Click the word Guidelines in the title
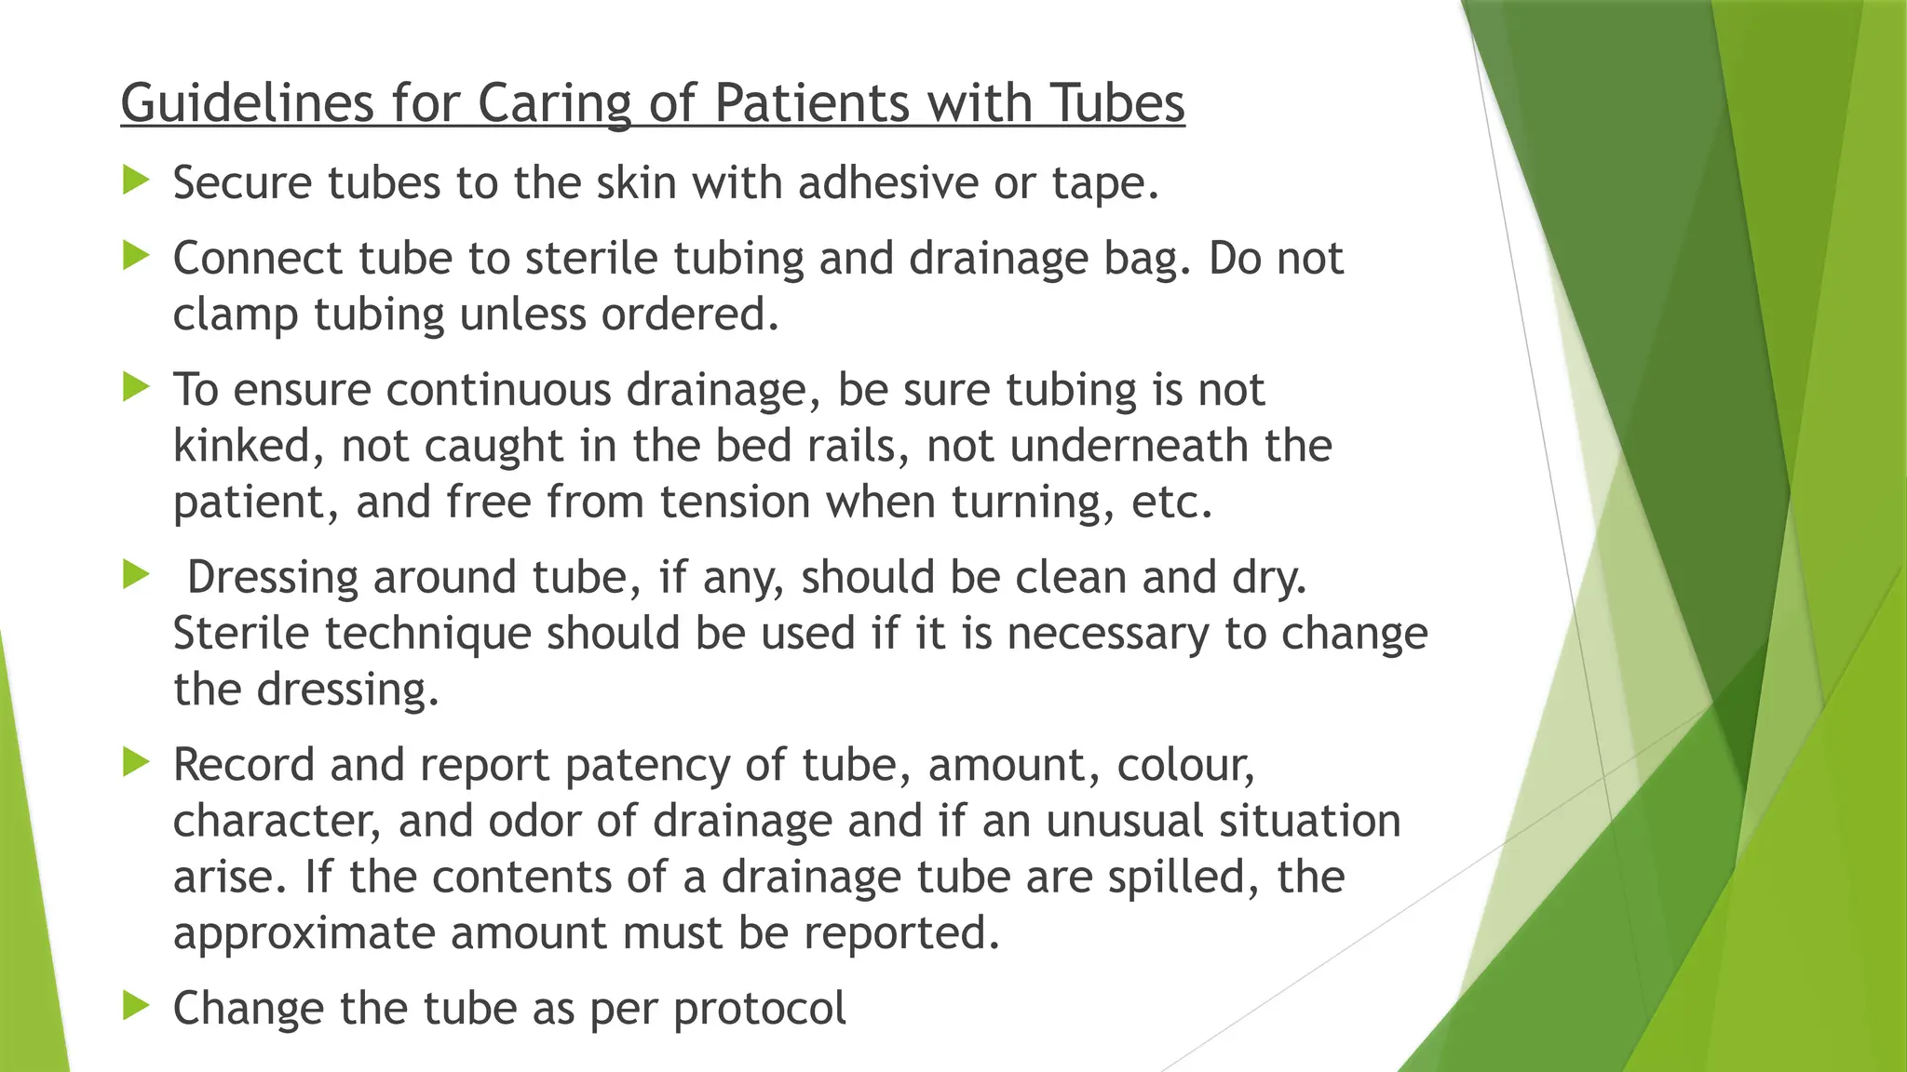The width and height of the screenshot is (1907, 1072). coord(247,102)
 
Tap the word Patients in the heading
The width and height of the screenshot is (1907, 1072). coord(812,102)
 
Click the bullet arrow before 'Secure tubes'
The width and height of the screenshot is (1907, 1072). coord(136,179)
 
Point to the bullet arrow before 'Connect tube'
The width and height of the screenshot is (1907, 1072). coord(136,254)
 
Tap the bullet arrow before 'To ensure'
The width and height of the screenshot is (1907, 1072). coord(136,385)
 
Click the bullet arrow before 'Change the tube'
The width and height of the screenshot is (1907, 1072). coord(136,1004)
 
